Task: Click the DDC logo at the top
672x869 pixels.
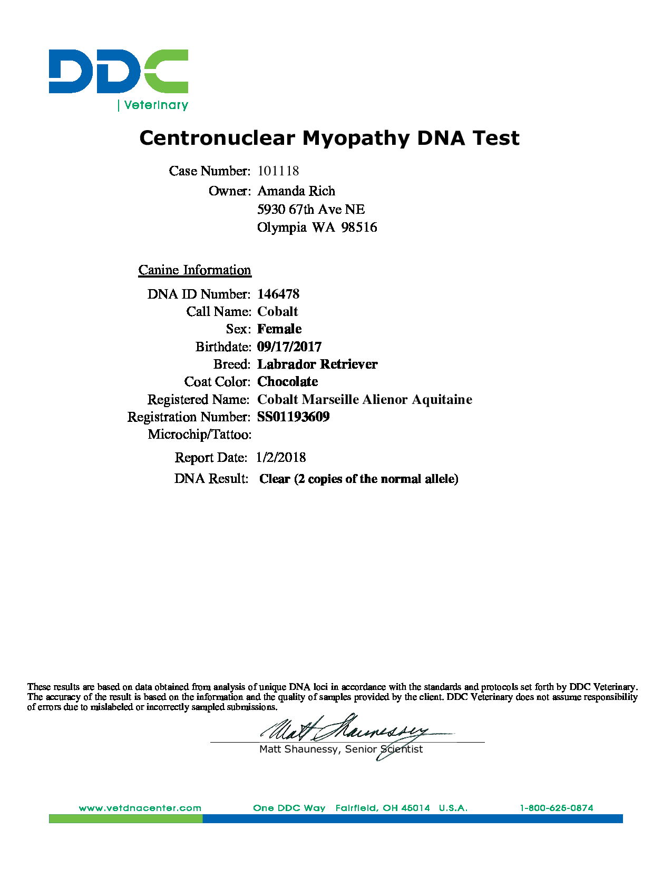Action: click(119, 72)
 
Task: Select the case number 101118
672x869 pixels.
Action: click(278, 171)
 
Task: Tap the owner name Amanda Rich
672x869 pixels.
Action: click(296, 191)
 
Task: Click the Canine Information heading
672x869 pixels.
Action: click(194, 270)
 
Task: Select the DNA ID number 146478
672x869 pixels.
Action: click(278, 294)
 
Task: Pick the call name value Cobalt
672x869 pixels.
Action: click(278, 312)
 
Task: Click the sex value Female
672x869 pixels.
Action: click(279, 329)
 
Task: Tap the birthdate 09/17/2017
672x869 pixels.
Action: click(289, 347)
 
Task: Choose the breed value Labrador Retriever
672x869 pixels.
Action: click(317, 364)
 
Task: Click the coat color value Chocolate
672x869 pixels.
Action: click(288, 382)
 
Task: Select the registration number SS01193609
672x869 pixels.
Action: click(294, 417)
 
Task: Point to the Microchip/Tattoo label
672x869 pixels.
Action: click(199, 435)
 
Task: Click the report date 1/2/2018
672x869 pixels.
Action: click(281, 458)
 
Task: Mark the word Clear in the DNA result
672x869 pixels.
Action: click(275, 479)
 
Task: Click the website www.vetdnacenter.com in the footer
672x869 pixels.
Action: click(140, 808)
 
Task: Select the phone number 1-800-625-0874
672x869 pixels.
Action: click(557, 808)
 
